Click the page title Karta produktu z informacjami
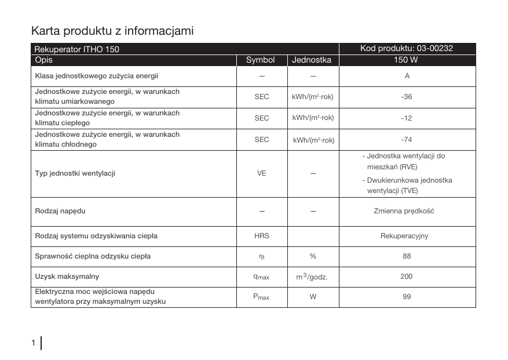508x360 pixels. click(112, 30)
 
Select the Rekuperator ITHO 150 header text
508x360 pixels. click(77, 49)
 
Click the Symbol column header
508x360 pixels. click(260, 60)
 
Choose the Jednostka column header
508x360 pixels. click(312, 60)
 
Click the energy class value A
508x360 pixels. click(407, 76)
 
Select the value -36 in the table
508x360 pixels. click(407, 97)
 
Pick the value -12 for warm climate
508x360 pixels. click(407, 118)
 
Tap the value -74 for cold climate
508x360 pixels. click(407, 140)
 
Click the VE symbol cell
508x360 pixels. click(262, 173)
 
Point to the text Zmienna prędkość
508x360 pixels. click(404, 210)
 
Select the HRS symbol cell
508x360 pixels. click(262, 236)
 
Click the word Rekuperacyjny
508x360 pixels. click(404, 236)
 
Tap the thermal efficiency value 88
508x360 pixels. click(407, 256)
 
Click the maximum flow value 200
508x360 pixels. click(407, 277)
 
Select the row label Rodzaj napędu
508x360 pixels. click(60, 210)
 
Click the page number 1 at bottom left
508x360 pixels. click(34, 343)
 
